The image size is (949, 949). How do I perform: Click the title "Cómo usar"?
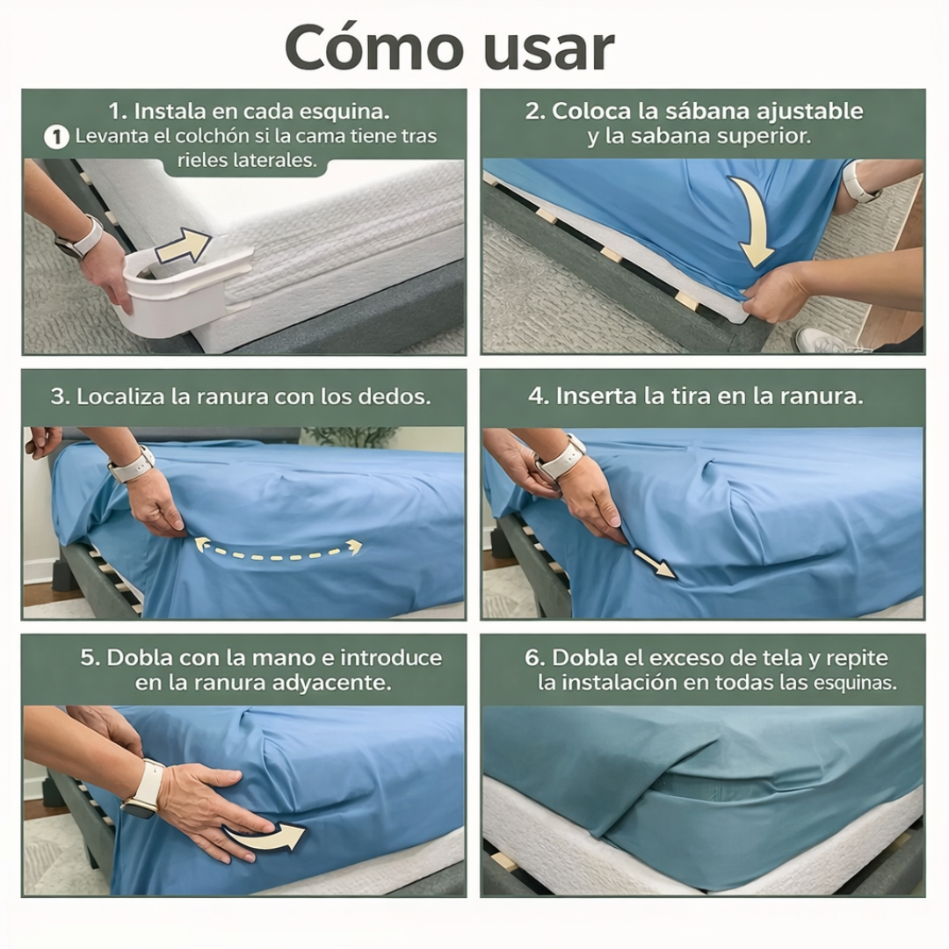click(449, 48)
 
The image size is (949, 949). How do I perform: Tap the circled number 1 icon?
click(56, 137)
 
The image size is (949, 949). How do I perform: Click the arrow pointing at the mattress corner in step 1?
click(183, 246)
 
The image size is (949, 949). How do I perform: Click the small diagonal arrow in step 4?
click(655, 563)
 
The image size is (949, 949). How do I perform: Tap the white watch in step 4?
click(561, 458)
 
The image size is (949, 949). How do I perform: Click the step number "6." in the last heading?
click(535, 658)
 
